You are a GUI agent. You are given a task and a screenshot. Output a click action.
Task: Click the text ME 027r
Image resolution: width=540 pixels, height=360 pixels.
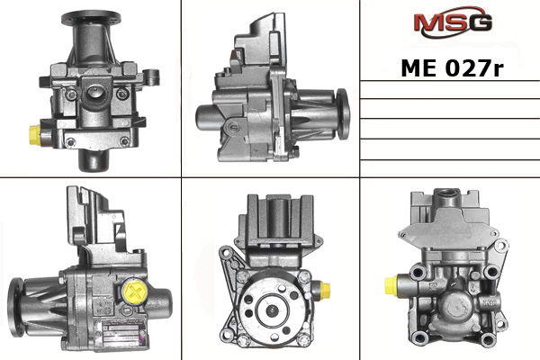tap(452, 67)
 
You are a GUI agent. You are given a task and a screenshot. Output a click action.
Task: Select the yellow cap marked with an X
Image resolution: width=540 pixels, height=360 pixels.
tap(135, 292)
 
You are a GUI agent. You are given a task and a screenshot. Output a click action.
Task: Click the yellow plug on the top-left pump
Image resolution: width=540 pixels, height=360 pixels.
tap(35, 135)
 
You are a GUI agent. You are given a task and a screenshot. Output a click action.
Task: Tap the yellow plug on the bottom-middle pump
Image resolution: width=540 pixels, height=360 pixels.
tap(325, 290)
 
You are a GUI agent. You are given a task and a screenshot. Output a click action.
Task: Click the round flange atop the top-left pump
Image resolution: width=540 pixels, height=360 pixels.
tap(91, 17)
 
